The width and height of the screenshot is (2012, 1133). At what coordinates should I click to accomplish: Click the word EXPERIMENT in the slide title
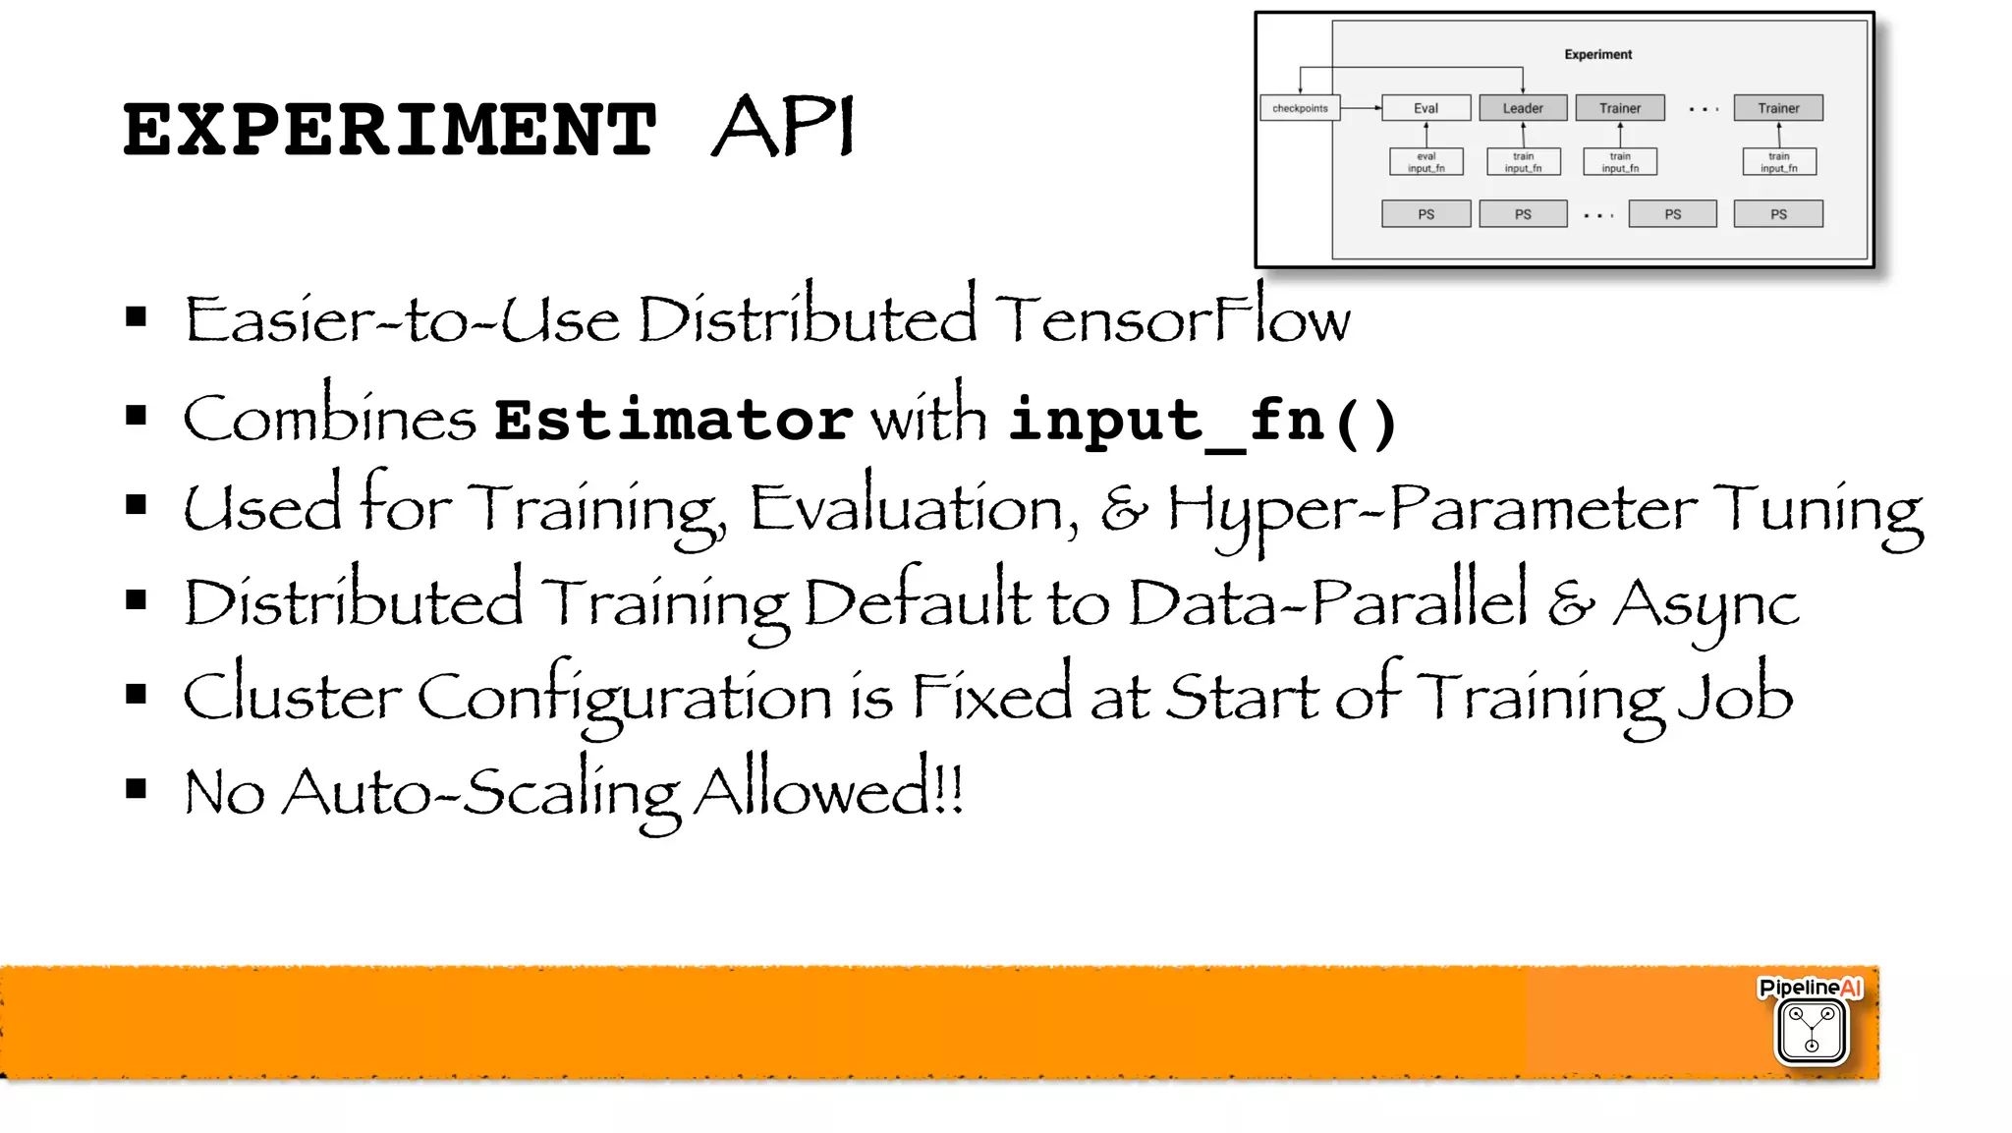coord(389,130)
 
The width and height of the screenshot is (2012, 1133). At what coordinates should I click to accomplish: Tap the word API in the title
coord(783,128)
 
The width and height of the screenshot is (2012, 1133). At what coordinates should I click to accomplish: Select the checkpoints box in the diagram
coord(1299,108)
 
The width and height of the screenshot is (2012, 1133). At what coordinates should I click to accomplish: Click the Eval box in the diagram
coord(1425,108)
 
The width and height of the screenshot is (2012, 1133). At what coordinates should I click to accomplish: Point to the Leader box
coord(1522,108)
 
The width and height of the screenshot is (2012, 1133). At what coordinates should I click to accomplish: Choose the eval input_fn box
coord(1425,162)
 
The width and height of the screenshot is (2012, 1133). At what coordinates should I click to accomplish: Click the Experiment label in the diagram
coord(1597,55)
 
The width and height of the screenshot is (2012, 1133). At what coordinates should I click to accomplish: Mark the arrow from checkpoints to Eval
coord(1361,108)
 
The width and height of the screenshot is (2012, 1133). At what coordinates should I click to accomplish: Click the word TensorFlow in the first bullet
coord(1172,319)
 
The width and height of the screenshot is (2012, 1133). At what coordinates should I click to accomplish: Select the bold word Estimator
coord(673,420)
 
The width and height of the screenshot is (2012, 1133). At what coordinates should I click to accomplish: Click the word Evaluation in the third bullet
coord(913,509)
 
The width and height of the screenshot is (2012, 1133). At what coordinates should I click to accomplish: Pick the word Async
coord(1705,603)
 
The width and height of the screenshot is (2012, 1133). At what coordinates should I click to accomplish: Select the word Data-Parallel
coord(1328,601)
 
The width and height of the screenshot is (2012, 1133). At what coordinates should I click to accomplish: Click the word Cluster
coord(292,696)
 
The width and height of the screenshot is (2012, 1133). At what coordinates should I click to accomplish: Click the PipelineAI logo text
coord(1810,988)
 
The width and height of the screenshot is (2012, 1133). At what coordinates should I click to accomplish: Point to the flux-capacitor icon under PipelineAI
coord(1812,1031)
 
